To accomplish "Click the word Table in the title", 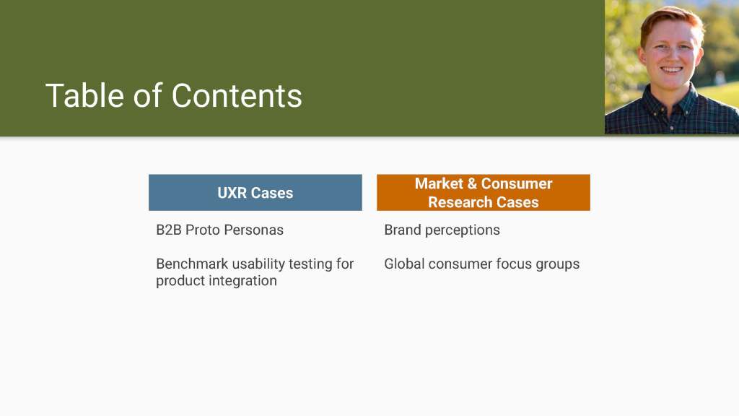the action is (x=84, y=96).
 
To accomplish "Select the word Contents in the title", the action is (x=237, y=96).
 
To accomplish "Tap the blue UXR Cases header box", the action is (x=255, y=192).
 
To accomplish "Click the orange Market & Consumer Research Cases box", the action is (x=484, y=192).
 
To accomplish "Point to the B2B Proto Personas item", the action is (x=219, y=230).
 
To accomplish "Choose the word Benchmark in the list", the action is (x=192, y=264).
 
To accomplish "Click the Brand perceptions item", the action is (x=442, y=230).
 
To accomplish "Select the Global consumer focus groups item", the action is (x=481, y=264).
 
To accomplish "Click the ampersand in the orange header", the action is (x=472, y=183).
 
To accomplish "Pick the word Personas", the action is (x=253, y=230).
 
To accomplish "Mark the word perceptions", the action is (x=463, y=231).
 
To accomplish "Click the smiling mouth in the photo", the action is (x=672, y=70).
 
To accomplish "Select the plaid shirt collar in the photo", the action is (x=672, y=101).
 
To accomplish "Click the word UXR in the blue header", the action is (x=232, y=193).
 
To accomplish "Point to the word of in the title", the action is (x=147, y=96).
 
